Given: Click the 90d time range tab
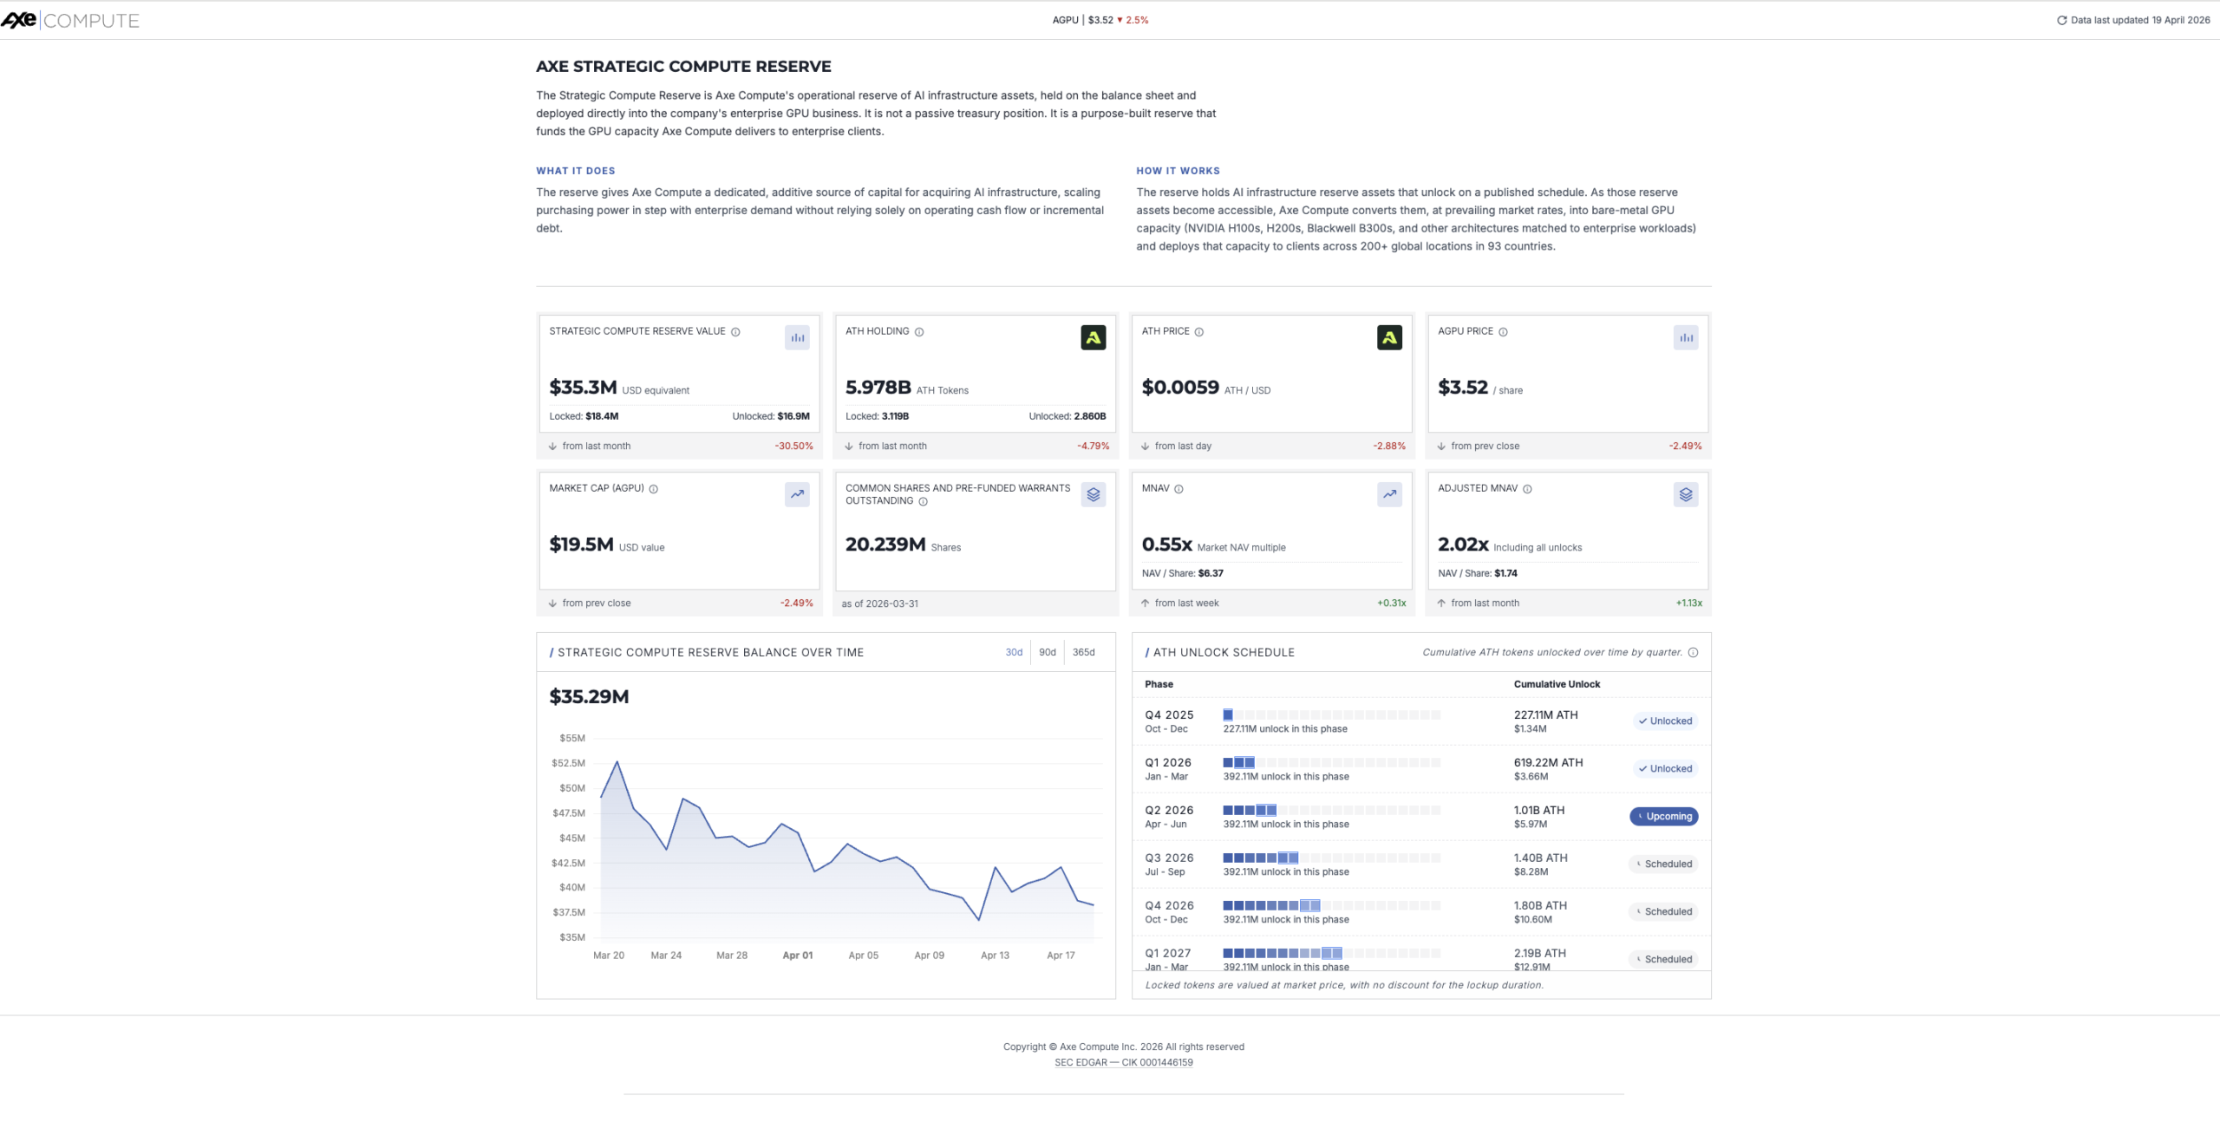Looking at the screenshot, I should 1048,652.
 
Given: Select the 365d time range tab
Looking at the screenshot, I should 1083,652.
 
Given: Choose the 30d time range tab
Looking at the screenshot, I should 1014,652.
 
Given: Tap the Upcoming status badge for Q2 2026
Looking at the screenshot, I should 1663,816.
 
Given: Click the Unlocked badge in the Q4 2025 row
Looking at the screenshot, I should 1665,721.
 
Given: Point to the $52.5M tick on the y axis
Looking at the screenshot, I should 569,763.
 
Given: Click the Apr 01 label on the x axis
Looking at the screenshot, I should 797,955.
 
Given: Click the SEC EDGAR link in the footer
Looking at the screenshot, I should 1123,1062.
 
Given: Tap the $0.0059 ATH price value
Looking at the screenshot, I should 1179,388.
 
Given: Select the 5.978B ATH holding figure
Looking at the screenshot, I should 878,388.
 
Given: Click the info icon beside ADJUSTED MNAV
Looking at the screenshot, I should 1527,489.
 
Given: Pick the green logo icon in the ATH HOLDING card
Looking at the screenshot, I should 1093,337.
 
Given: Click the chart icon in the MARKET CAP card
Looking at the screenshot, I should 796,494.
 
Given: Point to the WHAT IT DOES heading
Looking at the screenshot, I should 575,171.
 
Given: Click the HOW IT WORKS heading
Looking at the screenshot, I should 1178,171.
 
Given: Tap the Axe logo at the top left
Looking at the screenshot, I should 19,20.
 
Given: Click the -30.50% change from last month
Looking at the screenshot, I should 793,446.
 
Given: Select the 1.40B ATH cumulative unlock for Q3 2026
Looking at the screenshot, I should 1540,858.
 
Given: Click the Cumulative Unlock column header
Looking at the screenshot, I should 1557,684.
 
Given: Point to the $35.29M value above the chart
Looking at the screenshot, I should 589,696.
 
